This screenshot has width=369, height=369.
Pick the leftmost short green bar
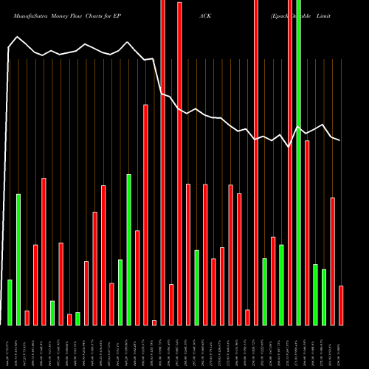click(10, 303)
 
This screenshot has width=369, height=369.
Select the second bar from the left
click(18, 259)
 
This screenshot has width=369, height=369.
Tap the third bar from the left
click(27, 317)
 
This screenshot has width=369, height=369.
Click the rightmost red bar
click(341, 305)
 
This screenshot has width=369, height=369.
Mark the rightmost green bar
click(324, 297)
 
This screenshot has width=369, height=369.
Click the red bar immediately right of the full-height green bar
click(307, 232)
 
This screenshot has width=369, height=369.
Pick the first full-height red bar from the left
click(162, 162)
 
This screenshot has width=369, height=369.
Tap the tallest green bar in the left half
click(128, 249)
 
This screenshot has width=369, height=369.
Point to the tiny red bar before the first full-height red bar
click(154, 323)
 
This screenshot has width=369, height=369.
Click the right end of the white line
click(340, 139)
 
